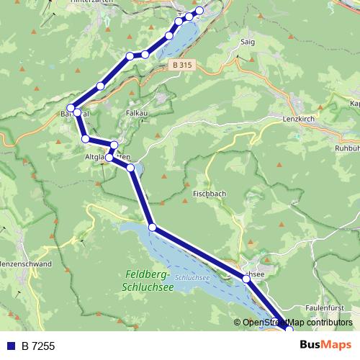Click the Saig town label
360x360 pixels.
click(x=248, y=42)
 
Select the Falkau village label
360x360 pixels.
click(x=136, y=113)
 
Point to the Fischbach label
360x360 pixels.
click(x=210, y=194)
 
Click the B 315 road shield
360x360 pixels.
click(x=182, y=65)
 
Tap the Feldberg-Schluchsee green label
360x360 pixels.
click(x=148, y=280)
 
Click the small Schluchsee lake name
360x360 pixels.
click(x=192, y=276)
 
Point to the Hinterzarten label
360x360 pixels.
click(x=90, y=2)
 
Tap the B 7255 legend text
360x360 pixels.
click(x=38, y=346)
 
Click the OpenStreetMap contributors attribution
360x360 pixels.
click(x=297, y=323)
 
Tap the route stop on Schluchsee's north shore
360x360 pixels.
click(x=152, y=228)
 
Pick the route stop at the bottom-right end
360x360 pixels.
click(x=289, y=329)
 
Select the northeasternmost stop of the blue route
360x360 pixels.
click(x=199, y=11)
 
